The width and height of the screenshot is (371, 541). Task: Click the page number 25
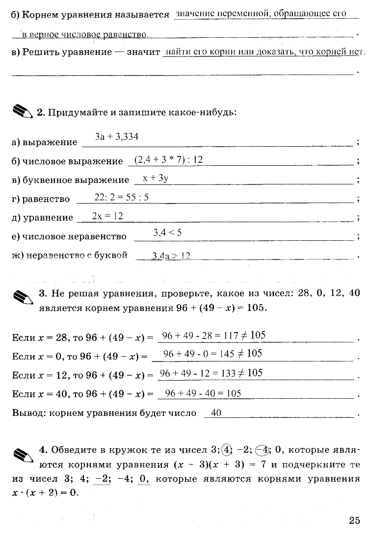pos(354,520)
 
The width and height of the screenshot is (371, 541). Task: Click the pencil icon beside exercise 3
pos(23,297)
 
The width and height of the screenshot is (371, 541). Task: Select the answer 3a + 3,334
pos(117,137)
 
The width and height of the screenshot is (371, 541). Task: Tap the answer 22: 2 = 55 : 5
pos(121,197)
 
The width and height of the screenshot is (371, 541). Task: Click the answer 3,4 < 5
pos(167,232)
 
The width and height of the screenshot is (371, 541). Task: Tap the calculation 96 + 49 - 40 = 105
pos(203,393)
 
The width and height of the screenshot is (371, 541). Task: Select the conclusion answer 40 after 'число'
pos(216,413)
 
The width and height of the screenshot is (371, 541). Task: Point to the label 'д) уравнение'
pos(42,217)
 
